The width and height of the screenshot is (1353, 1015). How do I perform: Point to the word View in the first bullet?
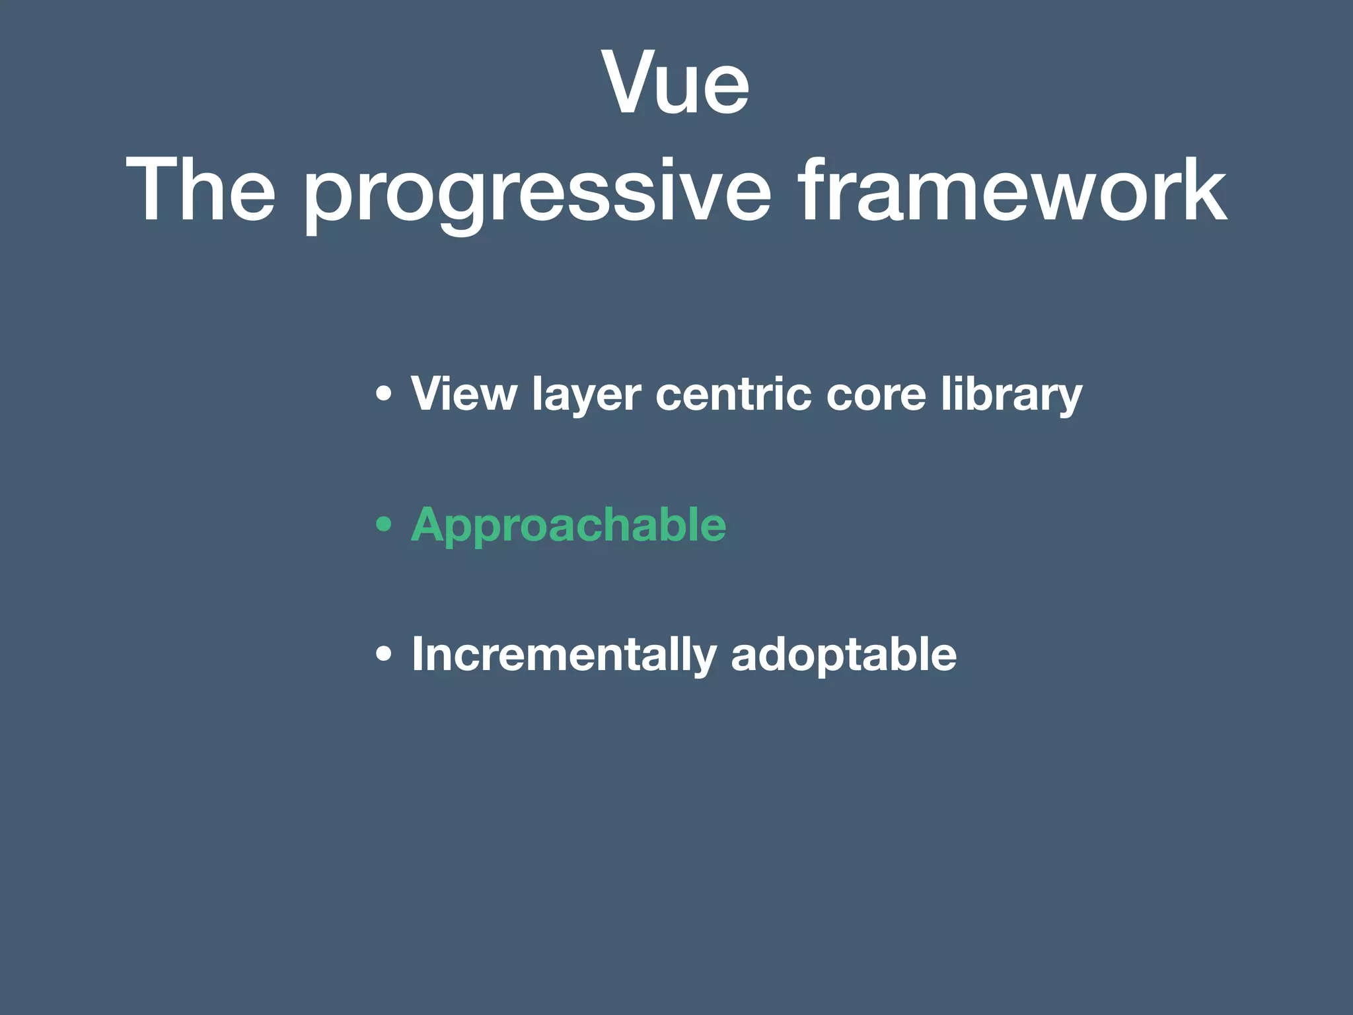(463, 395)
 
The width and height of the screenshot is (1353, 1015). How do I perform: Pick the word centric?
(733, 395)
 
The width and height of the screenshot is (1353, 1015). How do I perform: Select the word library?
(1011, 395)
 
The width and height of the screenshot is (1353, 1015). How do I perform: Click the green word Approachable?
(568, 525)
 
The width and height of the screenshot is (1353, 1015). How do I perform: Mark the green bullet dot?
(383, 525)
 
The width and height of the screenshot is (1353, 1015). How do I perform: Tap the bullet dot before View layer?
(383, 395)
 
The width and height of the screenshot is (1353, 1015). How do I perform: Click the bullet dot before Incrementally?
(383, 655)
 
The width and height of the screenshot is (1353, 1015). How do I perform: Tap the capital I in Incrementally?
(418, 654)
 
